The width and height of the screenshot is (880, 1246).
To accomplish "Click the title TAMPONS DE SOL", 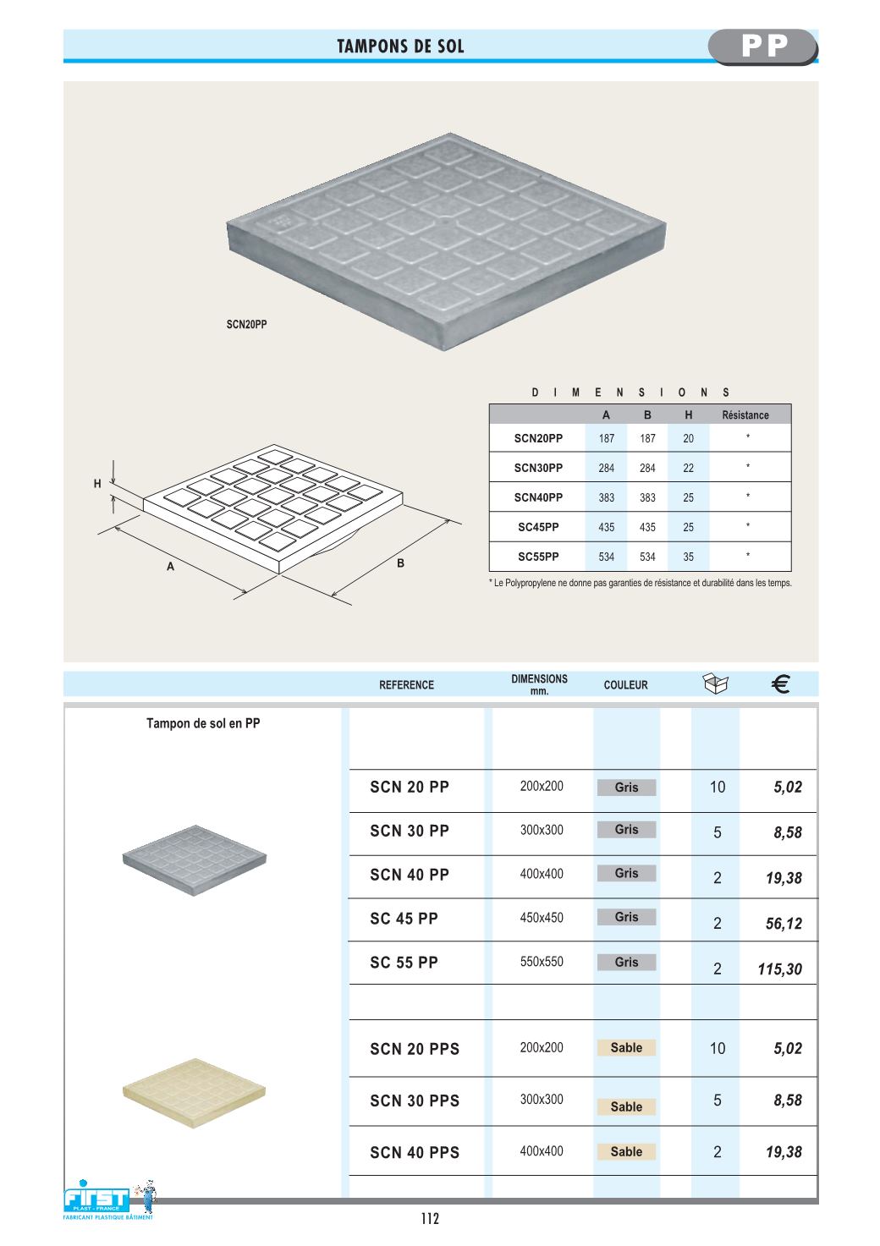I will [400, 47].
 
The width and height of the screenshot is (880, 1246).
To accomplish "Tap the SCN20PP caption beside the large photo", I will [246, 324].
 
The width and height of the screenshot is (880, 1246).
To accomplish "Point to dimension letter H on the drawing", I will [97, 484].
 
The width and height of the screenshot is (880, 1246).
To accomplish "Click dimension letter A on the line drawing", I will [170, 566].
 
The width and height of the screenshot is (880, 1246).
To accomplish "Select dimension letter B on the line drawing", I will [400, 563].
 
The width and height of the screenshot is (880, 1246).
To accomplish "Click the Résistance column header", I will [745, 414].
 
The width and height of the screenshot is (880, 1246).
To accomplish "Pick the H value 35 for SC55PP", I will [688, 557].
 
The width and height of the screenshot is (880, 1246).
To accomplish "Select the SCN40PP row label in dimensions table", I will [538, 497].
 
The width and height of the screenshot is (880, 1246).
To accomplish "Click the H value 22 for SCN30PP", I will [688, 468].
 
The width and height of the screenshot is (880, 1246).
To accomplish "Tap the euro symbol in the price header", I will [781, 684].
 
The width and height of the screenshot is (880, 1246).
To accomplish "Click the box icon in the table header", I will [716, 683].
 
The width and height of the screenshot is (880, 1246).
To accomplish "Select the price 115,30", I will [779, 969].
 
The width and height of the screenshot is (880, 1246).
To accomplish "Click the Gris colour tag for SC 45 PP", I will [626, 917].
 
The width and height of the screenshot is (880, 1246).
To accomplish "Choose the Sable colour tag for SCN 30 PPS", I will [626, 1106].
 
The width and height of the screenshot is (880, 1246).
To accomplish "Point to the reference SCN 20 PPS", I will [415, 1049].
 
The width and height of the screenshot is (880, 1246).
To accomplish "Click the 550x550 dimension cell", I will [542, 962].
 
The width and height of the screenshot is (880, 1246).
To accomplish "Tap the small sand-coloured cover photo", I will [194, 1093].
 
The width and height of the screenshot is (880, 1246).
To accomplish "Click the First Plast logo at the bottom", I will [100, 1199].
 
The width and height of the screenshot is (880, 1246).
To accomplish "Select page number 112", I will [430, 1219].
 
